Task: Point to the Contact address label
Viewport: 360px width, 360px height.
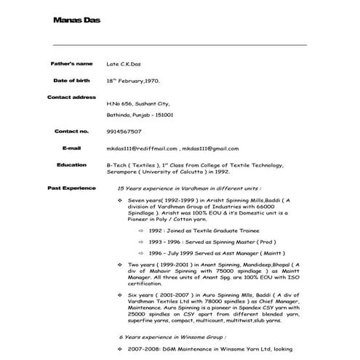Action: [71, 97]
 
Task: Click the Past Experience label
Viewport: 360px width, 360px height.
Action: [71, 188]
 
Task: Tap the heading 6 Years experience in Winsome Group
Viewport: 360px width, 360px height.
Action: [172, 337]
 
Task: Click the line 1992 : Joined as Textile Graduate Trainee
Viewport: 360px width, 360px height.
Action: [200, 229]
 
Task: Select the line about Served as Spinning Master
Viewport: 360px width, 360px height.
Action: [201, 241]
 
